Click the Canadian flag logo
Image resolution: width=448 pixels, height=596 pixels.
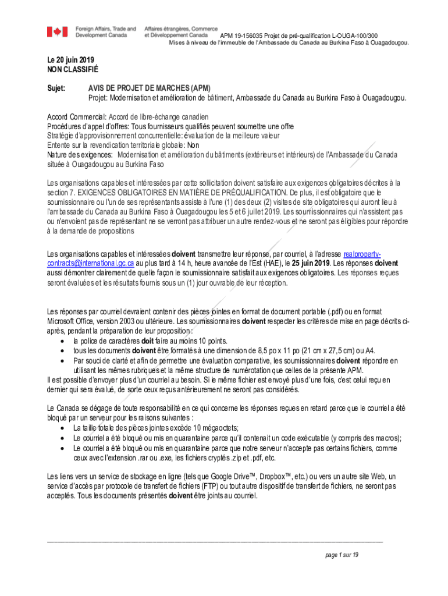[58, 31]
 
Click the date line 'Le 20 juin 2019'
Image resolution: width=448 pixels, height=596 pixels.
[70, 60]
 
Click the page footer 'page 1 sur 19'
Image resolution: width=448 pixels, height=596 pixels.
[342, 555]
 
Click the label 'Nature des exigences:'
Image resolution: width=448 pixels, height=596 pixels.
[80, 155]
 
